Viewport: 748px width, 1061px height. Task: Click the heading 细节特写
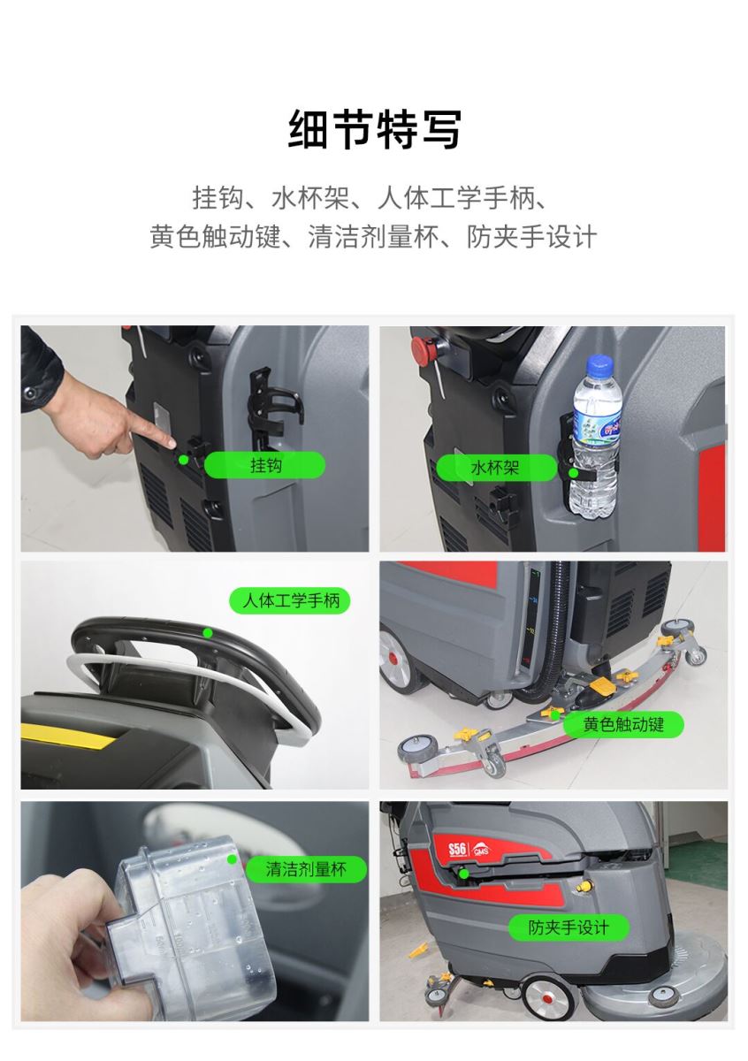pos(374,129)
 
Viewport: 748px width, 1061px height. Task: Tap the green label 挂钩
pos(264,465)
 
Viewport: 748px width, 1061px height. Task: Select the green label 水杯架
pos(495,468)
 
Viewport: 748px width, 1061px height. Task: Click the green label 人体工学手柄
pos(290,600)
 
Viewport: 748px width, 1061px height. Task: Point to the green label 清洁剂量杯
pos(306,869)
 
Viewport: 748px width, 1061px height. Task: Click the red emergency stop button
pos(422,347)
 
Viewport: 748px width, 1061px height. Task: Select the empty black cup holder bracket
pos(272,408)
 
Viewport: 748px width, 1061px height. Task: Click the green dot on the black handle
pos(207,633)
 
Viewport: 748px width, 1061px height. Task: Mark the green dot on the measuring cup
pos(232,859)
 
